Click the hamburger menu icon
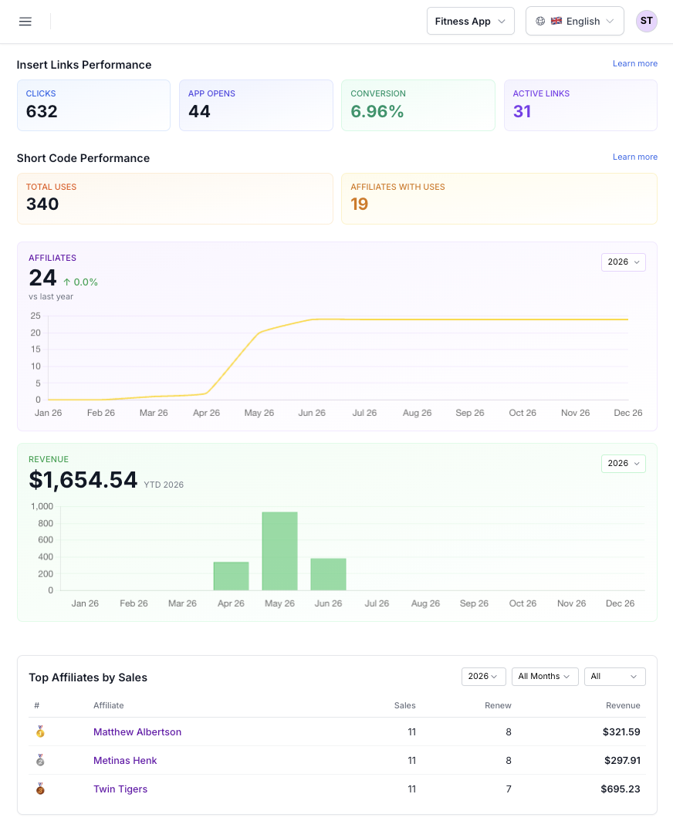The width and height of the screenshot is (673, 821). (x=25, y=22)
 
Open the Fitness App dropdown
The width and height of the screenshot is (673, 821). (x=470, y=21)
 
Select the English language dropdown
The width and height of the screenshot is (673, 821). (x=574, y=21)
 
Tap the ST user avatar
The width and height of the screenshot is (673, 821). (x=646, y=21)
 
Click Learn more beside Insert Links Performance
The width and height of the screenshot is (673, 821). (x=634, y=63)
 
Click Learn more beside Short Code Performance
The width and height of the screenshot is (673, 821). (x=634, y=157)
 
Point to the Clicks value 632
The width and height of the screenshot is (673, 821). (x=42, y=111)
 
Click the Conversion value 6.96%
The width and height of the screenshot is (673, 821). (x=377, y=111)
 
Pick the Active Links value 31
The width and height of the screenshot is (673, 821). (x=523, y=111)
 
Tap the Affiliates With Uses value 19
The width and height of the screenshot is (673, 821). (x=360, y=204)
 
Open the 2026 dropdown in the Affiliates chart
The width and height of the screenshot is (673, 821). (x=624, y=262)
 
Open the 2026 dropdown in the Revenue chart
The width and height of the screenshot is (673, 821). (x=624, y=464)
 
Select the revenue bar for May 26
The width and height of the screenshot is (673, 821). (x=279, y=551)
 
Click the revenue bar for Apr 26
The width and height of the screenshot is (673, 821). (x=231, y=576)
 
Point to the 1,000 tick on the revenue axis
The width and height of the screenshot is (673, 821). (x=42, y=506)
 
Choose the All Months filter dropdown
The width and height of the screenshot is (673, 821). (x=545, y=677)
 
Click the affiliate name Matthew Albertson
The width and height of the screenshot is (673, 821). (x=137, y=732)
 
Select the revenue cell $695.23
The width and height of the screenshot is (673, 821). (x=621, y=789)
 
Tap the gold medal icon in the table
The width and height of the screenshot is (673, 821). (x=40, y=731)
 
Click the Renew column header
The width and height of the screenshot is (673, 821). (x=498, y=705)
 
